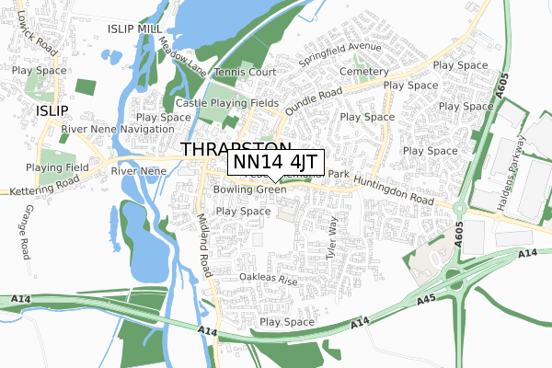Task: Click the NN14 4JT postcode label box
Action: tap(275, 162)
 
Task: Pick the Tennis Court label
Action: tap(245, 72)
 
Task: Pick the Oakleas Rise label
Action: tap(268, 278)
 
